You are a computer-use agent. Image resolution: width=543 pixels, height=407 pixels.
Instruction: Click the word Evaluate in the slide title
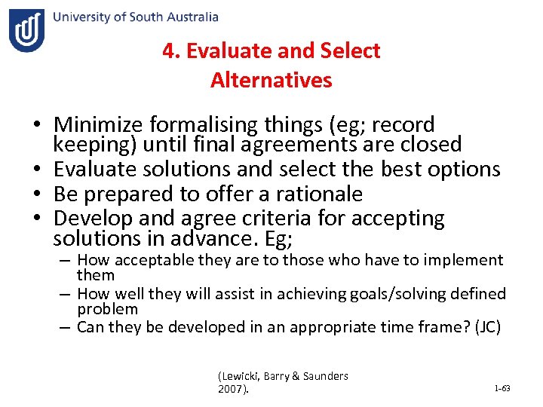229,51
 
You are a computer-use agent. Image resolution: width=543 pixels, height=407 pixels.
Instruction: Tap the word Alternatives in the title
271,80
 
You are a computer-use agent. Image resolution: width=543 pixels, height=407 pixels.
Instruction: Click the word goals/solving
368,294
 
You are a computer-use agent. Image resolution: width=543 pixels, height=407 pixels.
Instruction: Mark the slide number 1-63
502,388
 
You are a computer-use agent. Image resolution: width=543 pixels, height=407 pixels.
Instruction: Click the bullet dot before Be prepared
36,194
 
